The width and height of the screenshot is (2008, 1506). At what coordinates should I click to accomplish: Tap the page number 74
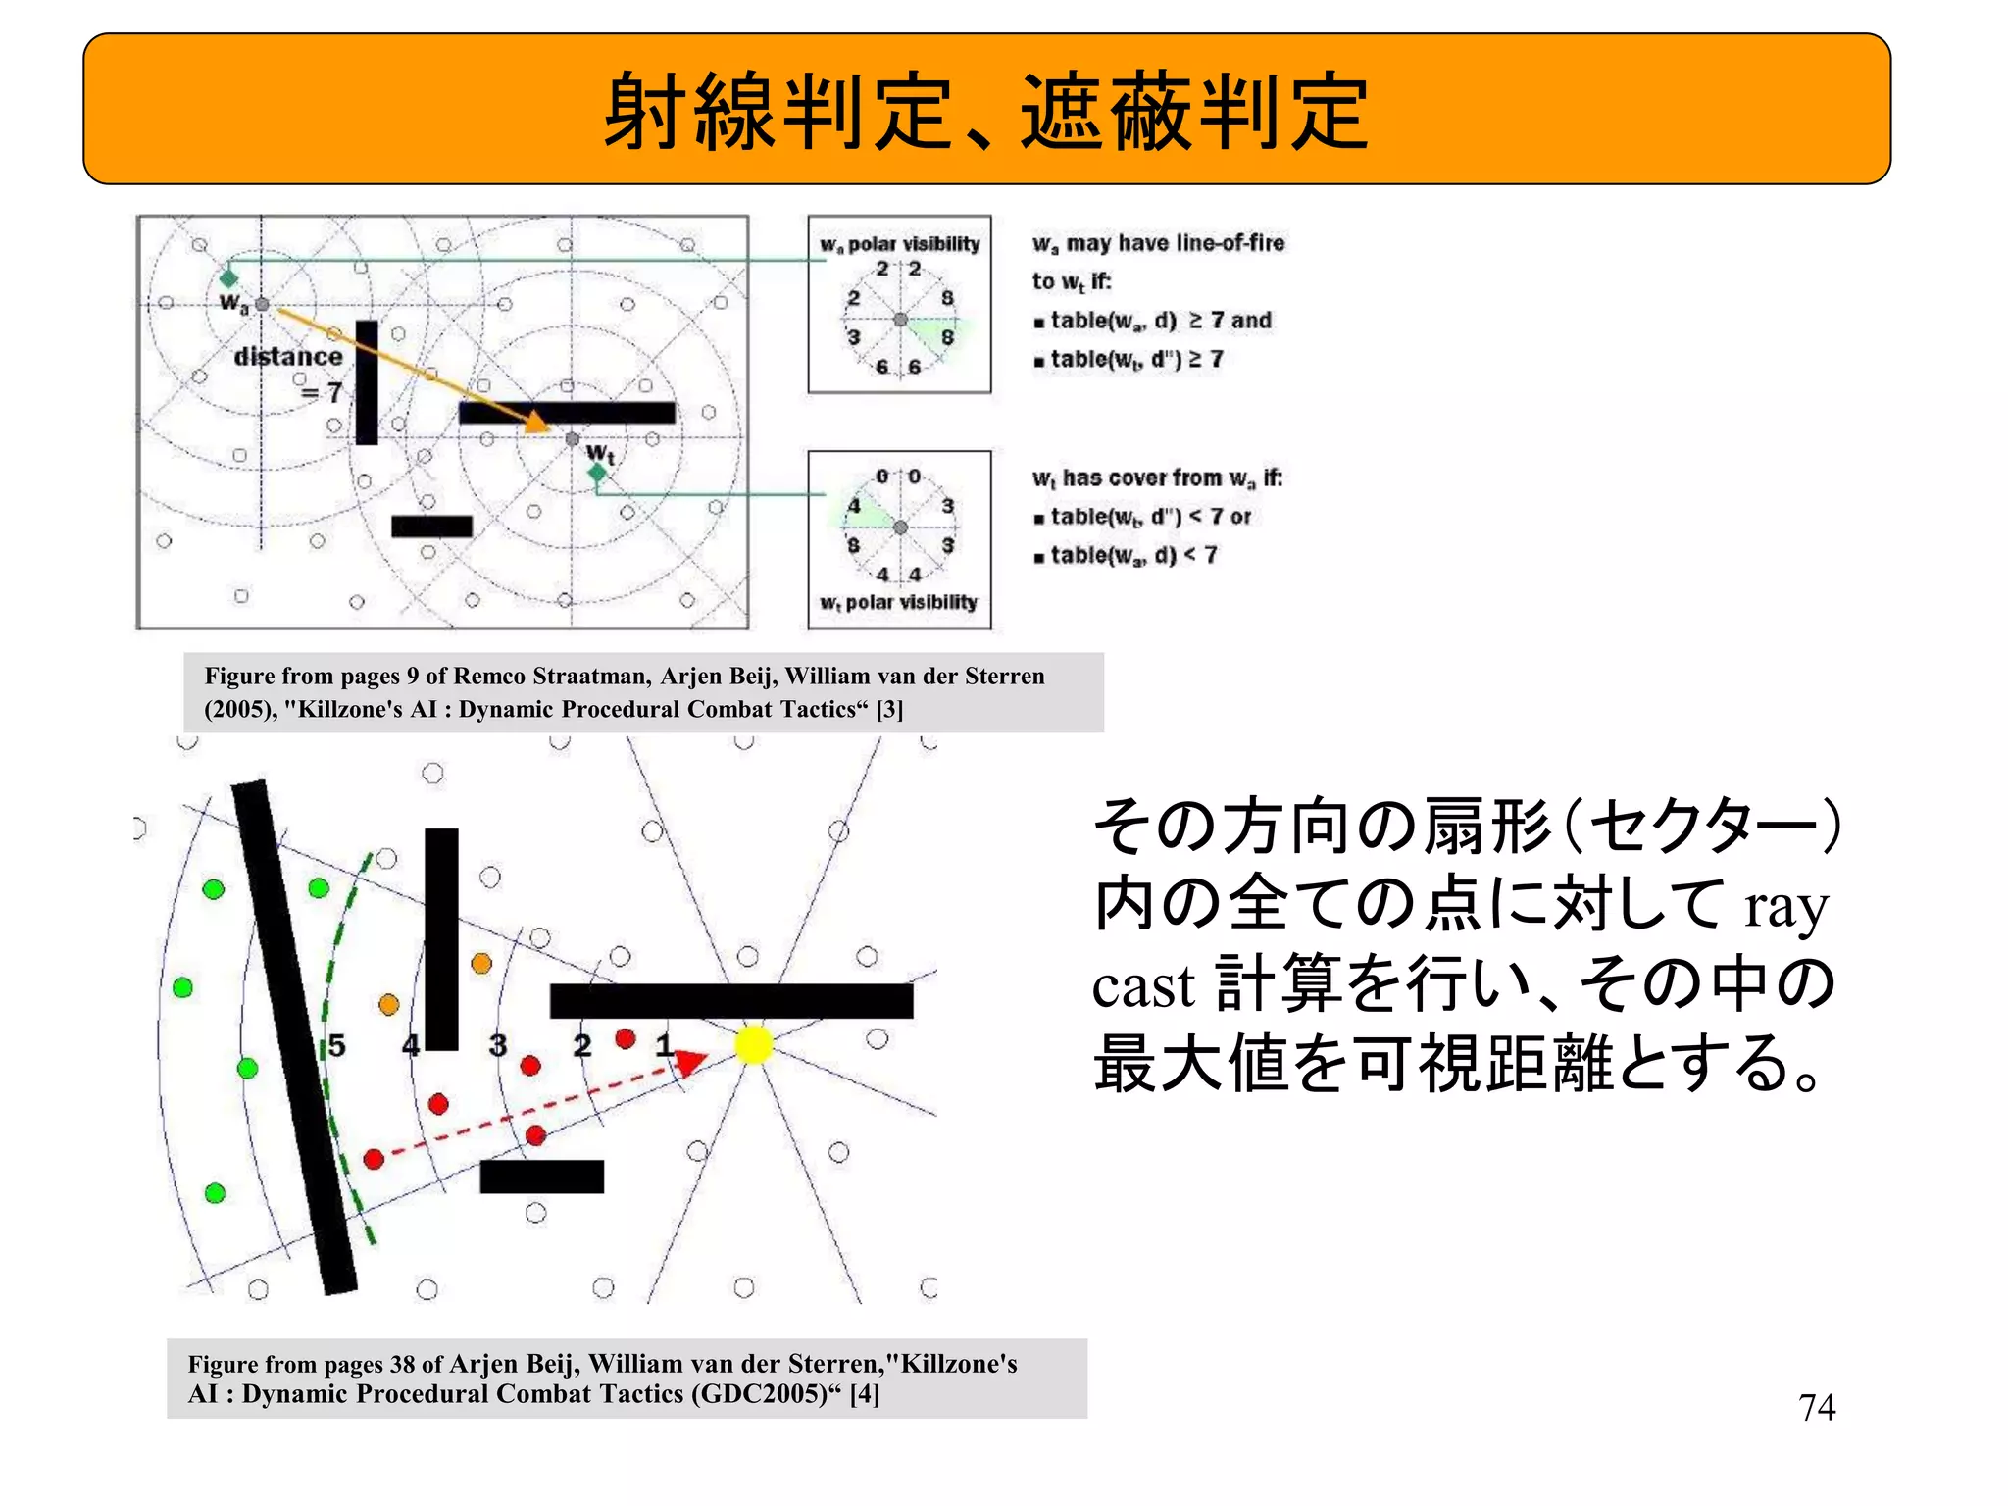click(x=1817, y=1408)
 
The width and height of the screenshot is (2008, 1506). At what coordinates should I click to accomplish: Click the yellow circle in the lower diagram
click(x=753, y=1044)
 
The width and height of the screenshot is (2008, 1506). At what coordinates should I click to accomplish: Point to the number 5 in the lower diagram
click(x=336, y=1045)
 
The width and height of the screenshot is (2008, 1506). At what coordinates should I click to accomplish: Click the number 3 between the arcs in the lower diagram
click(x=498, y=1045)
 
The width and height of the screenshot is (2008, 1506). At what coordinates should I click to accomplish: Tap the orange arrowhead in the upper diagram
click(x=536, y=423)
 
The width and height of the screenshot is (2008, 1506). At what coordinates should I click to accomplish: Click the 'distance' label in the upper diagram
click(x=288, y=356)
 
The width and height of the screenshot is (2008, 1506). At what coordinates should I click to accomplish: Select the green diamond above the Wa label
click(x=228, y=278)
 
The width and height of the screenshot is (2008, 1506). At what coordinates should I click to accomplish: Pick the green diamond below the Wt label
click(x=597, y=475)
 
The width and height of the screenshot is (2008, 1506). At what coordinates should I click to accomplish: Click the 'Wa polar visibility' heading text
click(x=900, y=244)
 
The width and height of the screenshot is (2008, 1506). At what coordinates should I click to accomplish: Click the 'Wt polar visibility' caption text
click(x=899, y=602)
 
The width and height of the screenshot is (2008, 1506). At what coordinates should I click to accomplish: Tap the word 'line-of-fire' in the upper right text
click(x=1225, y=243)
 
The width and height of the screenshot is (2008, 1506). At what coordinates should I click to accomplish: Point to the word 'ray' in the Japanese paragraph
click(x=1785, y=907)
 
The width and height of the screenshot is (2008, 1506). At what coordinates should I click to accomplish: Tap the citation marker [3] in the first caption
click(x=889, y=709)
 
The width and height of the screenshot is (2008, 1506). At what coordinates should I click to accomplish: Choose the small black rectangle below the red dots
click(x=541, y=1177)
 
